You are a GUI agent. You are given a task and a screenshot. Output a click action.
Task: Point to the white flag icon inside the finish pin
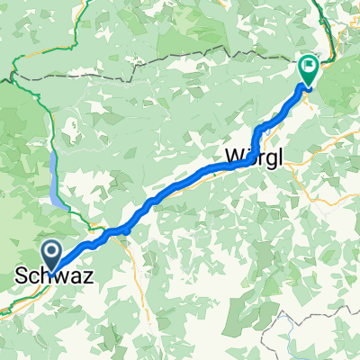[309, 64]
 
